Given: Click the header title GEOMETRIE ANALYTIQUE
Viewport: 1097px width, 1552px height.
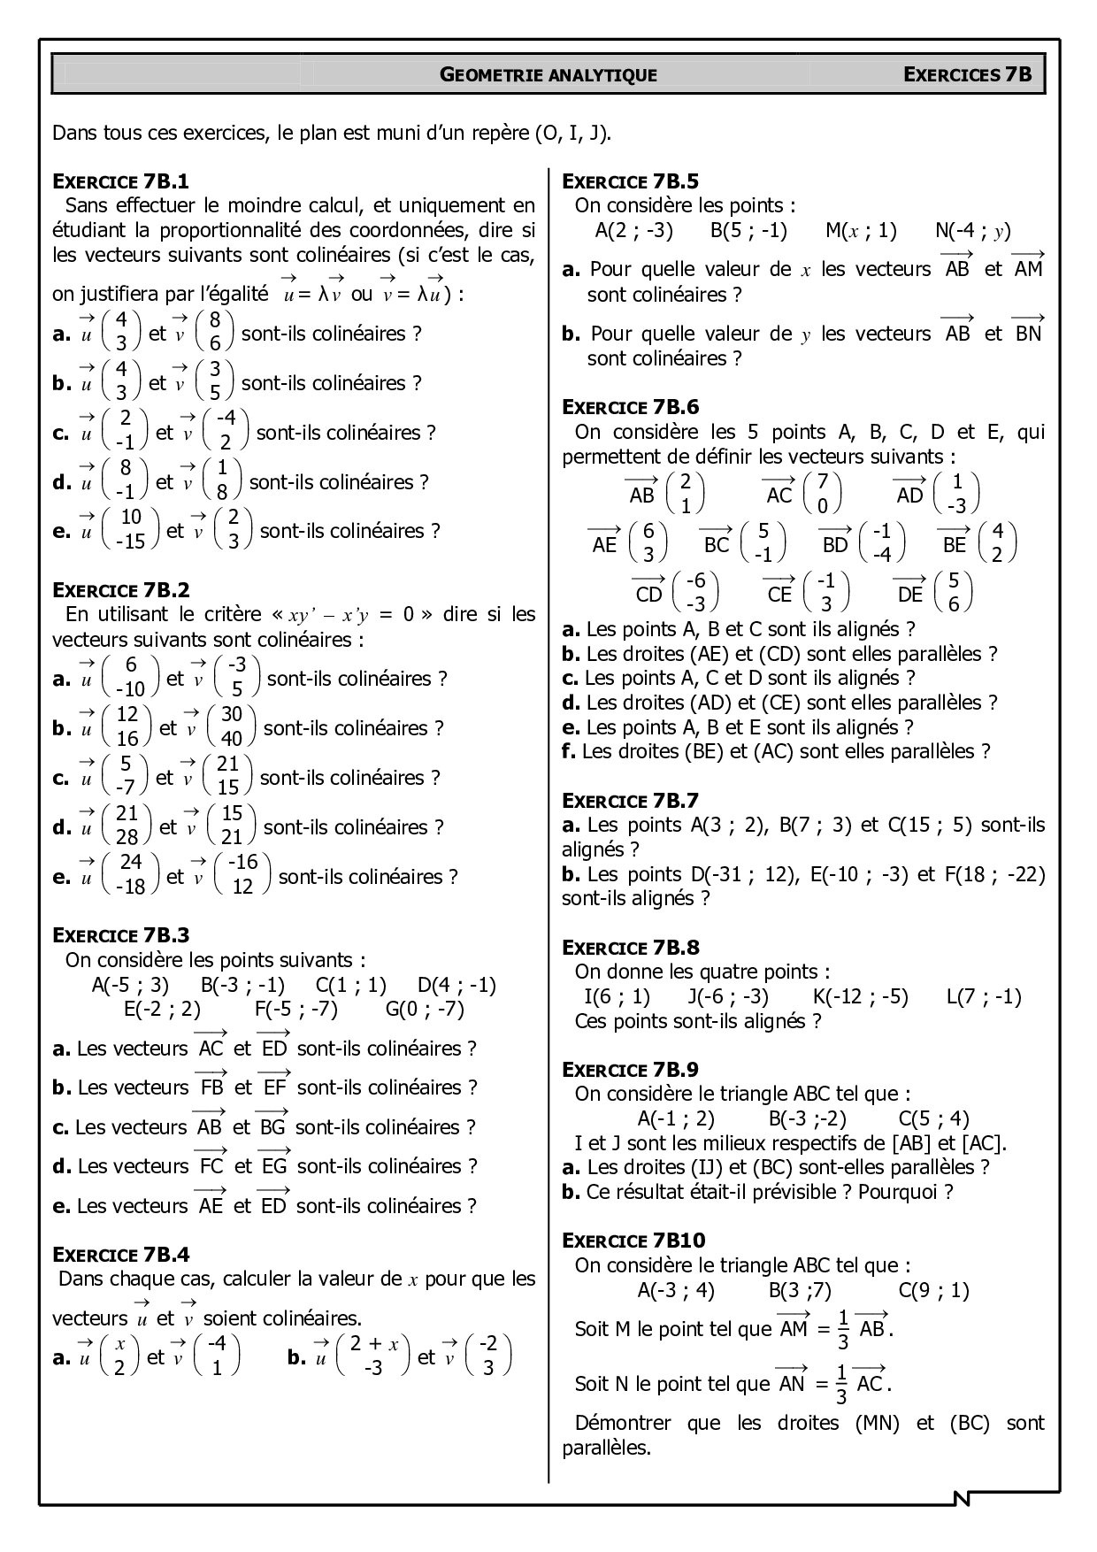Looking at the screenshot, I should pyautogui.click(x=548, y=75).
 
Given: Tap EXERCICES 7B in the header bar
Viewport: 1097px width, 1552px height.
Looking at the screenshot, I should pyautogui.click(x=967, y=74).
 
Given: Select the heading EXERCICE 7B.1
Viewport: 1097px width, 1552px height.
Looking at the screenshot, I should pyautogui.click(x=121, y=182).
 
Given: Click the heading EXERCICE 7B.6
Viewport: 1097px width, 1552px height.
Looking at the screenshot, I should pyautogui.click(x=630, y=407).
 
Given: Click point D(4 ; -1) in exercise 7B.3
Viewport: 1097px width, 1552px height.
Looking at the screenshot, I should pyautogui.click(x=456, y=985).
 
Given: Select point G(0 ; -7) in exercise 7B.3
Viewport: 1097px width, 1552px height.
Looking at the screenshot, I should pyautogui.click(x=425, y=1009).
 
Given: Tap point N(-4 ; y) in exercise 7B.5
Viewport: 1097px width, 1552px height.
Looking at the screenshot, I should pyautogui.click(x=972, y=231).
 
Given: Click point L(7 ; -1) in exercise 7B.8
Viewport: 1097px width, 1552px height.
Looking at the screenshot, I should pyautogui.click(x=983, y=996).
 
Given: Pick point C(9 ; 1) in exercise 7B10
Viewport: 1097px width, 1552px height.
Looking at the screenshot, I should pyautogui.click(x=933, y=1290).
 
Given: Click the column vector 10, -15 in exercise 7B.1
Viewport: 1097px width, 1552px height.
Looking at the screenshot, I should pyautogui.click(x=131, y=530).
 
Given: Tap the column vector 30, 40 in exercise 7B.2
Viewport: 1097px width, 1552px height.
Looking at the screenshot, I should pyautogui.click(x=231, y=727).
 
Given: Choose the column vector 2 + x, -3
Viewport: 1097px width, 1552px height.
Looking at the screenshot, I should pyautogui.click(x=373, y=1356).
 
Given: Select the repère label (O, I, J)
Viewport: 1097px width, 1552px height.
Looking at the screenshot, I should pyautogui.click(x=572, y=134).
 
